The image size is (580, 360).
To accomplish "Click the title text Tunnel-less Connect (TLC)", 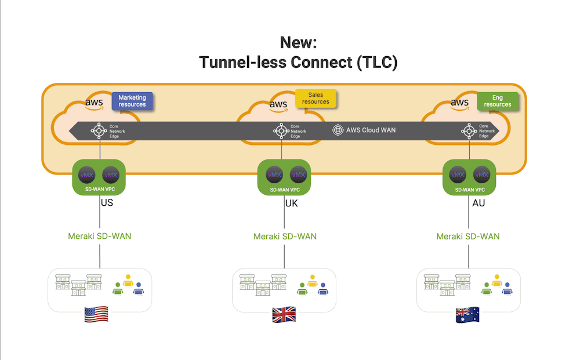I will [x=298, y=62].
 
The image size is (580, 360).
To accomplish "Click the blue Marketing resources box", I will [x=132, y=101].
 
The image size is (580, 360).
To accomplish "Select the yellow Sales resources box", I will [x=316, y=98].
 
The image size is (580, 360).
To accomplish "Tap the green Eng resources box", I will [x=498, y=101].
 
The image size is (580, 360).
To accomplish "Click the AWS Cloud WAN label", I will [x=371, y=130].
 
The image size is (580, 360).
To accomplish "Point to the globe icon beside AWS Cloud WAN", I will [x=338, y=130].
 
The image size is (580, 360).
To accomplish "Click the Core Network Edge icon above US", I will [x=97, y=131].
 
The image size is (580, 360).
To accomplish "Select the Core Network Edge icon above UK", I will [x=281, y=131].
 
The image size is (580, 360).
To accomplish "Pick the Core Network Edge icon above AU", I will [x=467, y=131].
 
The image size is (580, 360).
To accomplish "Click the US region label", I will [x=107, y=203].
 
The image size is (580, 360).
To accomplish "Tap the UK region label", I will [x=291, y=203].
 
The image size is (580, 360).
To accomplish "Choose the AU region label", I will [x=478, y=203].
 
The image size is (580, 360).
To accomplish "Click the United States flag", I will [x=96, y=315].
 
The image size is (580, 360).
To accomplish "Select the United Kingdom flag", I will [x=284, y=315].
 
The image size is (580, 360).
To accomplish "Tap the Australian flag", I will [x=467, y=315].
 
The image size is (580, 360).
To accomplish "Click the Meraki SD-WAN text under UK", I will [x=285, y=237].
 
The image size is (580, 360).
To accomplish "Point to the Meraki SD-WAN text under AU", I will [x=468, y=237].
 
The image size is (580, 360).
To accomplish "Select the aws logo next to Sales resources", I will [x=278, y=104].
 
